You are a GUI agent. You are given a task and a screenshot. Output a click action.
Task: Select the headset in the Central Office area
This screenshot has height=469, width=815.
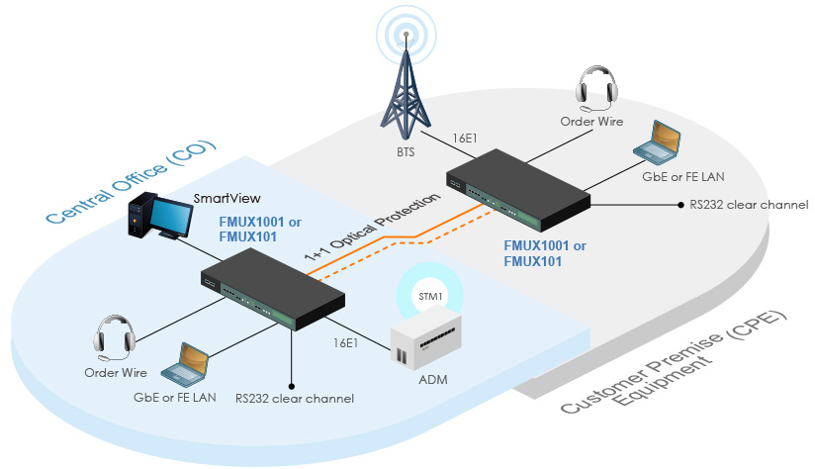pyautogui.click(x=114, y=336)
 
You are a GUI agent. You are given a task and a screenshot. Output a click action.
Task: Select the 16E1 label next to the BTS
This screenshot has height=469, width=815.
pyautogui.click(x=463, y=139)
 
